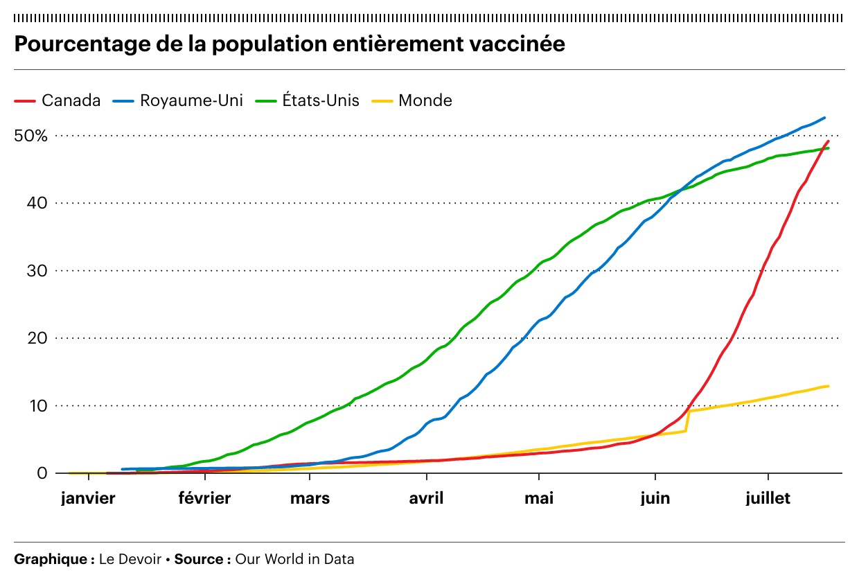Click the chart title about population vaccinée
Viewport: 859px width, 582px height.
(290, 44)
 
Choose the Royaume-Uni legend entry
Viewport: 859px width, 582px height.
(191, 100)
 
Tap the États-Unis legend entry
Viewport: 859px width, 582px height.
(320, 100)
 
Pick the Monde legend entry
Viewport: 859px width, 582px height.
(425, 100)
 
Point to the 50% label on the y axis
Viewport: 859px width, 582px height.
(31, 136)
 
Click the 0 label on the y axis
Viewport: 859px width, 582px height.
(42, 473)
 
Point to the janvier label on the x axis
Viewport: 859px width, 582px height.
(88, 499)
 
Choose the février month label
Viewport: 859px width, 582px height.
(204, 499)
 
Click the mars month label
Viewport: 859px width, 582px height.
(310, 499)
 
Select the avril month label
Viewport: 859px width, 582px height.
(427, 499)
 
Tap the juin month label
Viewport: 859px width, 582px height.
(655, 499)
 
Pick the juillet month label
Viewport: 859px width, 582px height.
(768, 499)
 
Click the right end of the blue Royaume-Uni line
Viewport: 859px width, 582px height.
(824, 118)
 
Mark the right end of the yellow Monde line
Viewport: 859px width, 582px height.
(828, 386)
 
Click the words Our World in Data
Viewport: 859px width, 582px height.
(294, 559)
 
